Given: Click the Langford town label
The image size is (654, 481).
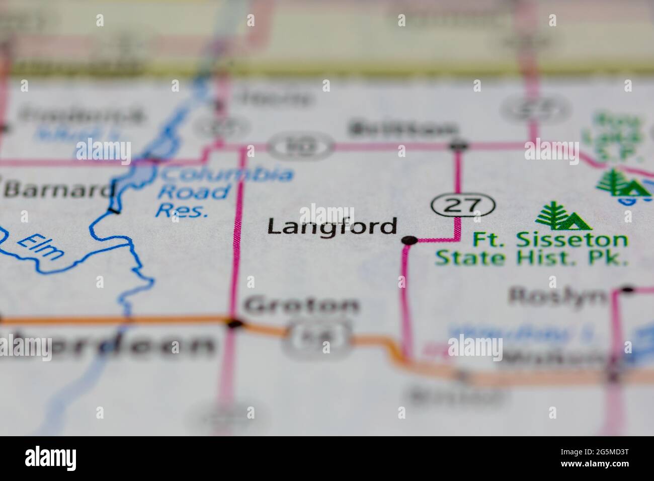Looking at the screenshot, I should pos(332,227).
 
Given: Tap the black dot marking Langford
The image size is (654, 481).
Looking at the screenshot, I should pos(410,240).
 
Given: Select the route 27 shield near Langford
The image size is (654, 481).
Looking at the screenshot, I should pos(463,205).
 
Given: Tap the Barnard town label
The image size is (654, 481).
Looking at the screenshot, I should pos(58,190).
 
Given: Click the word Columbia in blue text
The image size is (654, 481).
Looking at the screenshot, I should pos(226,175).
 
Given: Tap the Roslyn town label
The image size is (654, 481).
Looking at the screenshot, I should pos(557,296).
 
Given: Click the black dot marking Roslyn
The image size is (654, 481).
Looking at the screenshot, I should pos(627,290).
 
